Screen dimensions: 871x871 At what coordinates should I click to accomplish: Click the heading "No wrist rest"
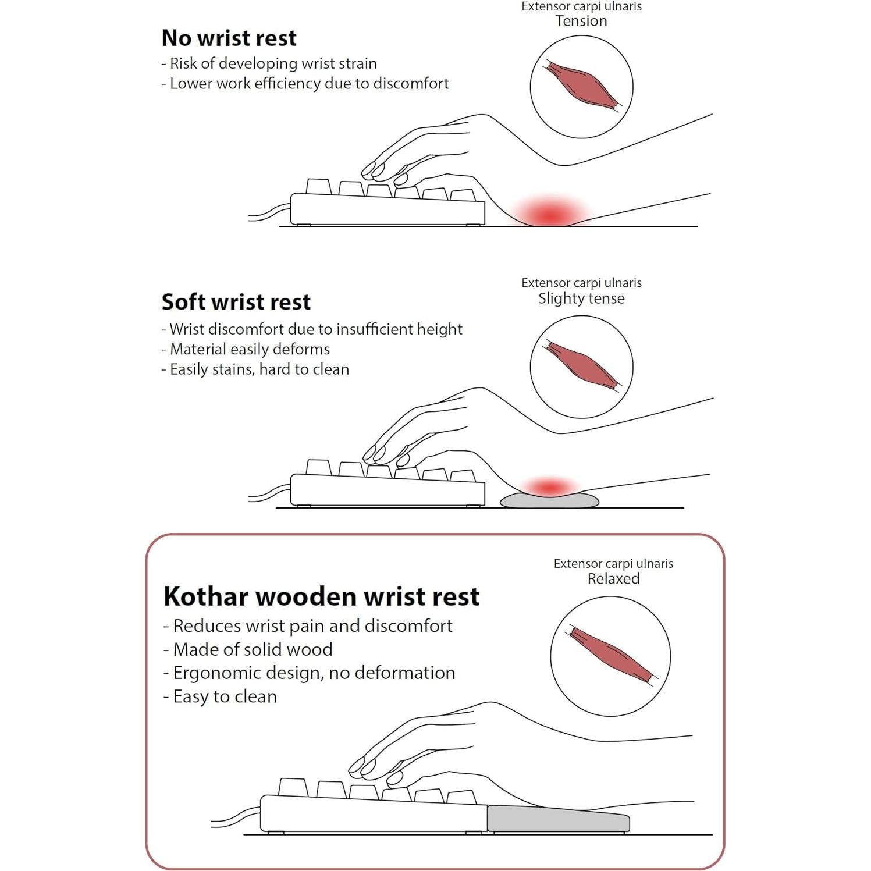[x=229, y=38]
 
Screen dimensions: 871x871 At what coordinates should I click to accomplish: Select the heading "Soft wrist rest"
[x=236, y=303]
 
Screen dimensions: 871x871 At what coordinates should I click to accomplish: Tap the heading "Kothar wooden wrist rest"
[x=321, y=597]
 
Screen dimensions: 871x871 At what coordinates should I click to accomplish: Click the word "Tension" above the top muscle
[x=581, y=21]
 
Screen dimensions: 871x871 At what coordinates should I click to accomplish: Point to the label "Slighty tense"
[x=581, y=298]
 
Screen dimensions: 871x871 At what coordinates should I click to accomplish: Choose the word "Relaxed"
[x=613, y=579]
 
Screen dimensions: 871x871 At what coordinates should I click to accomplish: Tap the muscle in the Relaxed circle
[x=611, y=655]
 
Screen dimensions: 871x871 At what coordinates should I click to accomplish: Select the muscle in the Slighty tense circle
[x=582, y=365]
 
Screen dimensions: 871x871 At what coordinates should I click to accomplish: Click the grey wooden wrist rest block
[x=558, y=819]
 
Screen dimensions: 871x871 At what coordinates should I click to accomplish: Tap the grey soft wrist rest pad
[x=549, y=500]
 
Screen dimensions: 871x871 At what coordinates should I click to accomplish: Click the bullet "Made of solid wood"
[x=248, y=649]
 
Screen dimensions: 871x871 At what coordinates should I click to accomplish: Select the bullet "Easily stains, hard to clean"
[x=255, y=369]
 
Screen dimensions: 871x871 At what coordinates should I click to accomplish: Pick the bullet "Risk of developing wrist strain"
[x=269, y=63]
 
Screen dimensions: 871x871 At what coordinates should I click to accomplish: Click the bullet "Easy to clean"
[x=220, y=696]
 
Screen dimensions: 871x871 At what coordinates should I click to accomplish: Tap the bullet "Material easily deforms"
[x=246, y=349]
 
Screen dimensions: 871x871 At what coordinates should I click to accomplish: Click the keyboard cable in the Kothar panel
[x=236, y=816]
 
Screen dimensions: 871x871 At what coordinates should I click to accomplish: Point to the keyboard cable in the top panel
[x=269, y=212]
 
